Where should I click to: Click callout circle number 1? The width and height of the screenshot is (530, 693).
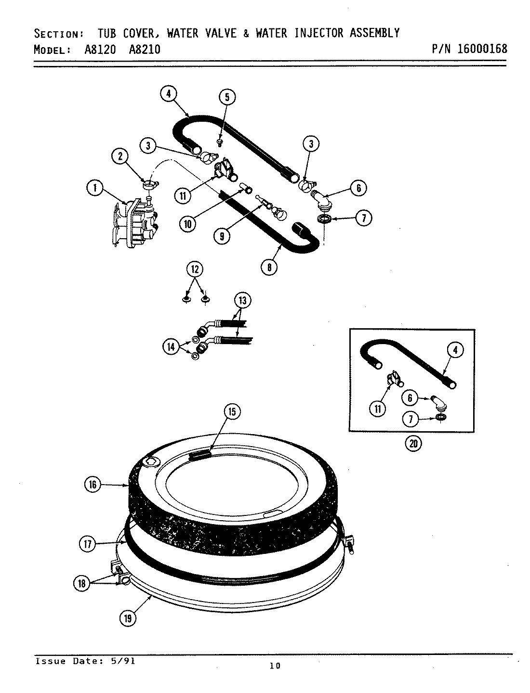tap(95, 189)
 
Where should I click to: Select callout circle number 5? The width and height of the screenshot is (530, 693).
tap(227, 97)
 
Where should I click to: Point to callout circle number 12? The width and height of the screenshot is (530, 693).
tap(195, 269)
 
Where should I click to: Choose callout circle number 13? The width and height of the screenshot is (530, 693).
tap(242, 301)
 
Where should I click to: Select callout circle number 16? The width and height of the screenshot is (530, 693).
tap(93, 485)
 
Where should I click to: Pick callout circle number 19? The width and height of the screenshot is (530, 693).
tap(128, 619)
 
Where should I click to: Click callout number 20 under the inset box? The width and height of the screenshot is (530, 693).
tap(413, 444)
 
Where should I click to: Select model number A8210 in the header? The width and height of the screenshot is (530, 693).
tap(145, 50)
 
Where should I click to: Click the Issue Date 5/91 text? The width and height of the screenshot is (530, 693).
tap(85, 661)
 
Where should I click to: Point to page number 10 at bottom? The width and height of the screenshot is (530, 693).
tap(275, 666)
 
